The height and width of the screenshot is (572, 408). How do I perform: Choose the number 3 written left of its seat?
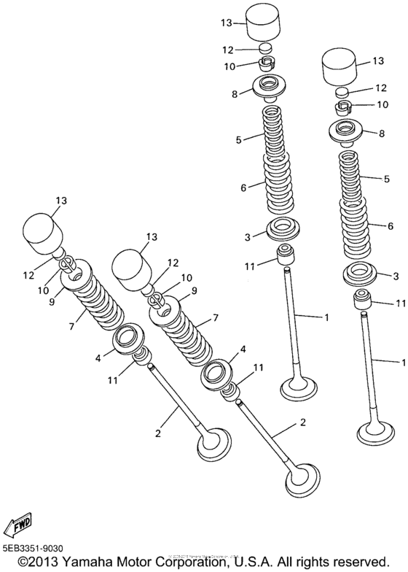click(248, 237)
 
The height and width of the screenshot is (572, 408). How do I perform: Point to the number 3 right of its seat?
click(396, 276)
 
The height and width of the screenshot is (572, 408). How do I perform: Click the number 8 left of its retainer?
click(235, 94)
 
